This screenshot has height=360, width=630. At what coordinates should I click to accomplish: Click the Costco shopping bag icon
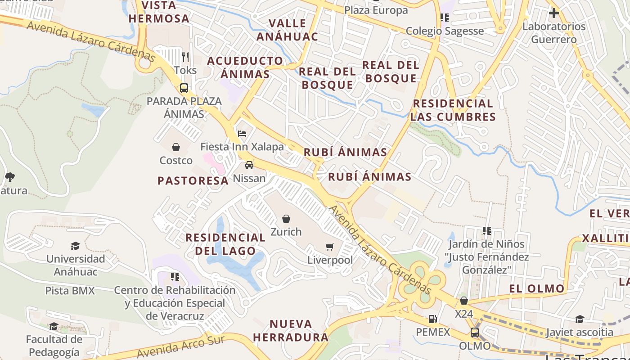coord(176,147)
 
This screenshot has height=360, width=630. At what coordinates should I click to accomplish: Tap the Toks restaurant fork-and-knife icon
coord(185,57)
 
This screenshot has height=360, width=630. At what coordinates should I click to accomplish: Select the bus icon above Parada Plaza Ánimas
coord(184,88)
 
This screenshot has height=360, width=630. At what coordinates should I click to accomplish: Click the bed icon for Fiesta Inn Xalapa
coord(242,134)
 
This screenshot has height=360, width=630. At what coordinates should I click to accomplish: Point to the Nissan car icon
coord(249,165)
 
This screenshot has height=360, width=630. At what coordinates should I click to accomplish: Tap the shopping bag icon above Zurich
coord(286,219)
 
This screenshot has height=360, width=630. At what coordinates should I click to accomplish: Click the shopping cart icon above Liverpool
coord(330,247)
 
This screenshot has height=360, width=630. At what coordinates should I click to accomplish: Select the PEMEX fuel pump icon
coord(432,319)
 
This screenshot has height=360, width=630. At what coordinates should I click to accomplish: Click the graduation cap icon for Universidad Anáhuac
coord(76,246)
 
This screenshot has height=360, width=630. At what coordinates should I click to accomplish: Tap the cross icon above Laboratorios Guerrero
coord(554,13)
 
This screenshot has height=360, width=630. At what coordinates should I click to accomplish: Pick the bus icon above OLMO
coord(475,333)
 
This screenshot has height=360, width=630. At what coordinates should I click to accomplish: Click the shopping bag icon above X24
coord(464,300)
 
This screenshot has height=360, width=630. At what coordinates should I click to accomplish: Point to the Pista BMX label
coord(70,291)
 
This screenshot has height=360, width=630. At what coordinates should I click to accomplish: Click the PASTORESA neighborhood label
coord(193,181)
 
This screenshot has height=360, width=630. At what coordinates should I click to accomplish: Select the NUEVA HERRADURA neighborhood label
coord(290,330)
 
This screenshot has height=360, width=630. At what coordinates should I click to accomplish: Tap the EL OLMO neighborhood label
coord(537,288)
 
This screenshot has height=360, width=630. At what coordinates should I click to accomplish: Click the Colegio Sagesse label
coord(445,31)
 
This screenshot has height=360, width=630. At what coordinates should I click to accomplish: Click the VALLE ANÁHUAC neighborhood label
coord(287,30)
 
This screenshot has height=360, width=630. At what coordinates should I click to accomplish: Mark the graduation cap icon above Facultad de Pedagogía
coord(54,326)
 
